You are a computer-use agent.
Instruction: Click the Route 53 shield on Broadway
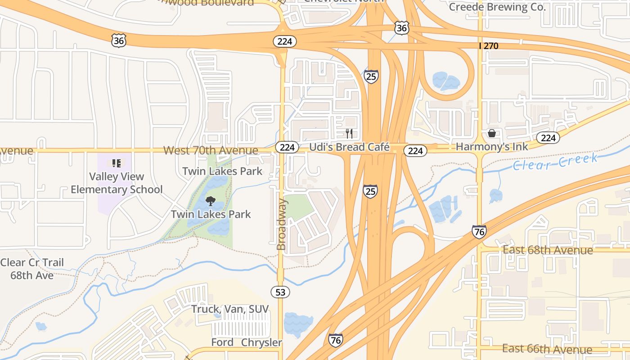[x=280, y=292]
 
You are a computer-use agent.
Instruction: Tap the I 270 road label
[x=488, y=46]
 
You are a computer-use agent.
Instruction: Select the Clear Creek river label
[x=555, y=162]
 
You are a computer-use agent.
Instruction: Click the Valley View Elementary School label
[x=117, y=183]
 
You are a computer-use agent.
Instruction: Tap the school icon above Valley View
[x=116, y=163]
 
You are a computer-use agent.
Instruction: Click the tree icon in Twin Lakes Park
[x=210, y=201]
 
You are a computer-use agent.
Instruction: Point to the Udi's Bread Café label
[x=349, y=147]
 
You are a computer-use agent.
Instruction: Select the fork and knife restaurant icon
[x=349, y=133]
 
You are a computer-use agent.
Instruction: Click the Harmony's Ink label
[x=492, y=147]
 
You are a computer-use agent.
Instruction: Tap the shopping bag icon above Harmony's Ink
[x=492, y=133]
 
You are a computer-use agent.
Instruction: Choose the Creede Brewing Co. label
[x=497, y=7]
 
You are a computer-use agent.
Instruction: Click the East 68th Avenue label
[x=548, y=250]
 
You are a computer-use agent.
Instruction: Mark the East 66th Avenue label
[x=547, y=349]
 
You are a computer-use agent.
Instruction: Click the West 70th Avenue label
[x=211, y=150]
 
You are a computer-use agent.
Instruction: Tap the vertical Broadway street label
[x=281, y=224]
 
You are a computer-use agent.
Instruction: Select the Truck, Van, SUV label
[x=230, y=309]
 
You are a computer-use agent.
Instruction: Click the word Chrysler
[x=261, y=342]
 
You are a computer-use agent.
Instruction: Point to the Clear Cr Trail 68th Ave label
[x=32, y=269]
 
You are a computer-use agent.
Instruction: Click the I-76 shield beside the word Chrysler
[x=335, y=340]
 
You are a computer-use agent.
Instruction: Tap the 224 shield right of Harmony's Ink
[x=548, y=138]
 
